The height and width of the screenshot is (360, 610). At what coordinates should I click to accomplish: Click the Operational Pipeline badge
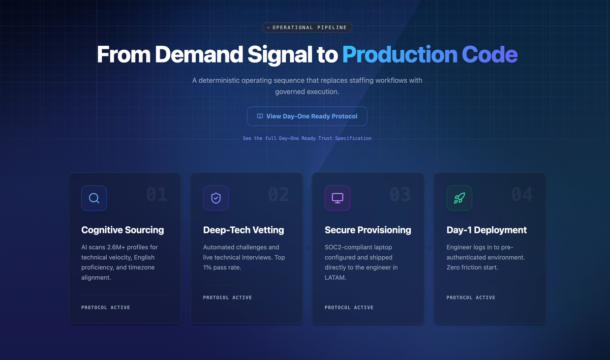coord(307,27)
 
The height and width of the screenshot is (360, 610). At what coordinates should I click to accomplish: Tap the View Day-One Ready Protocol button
coord(307,116)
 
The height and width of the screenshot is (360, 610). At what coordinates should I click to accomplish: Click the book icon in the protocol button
coord(260,116)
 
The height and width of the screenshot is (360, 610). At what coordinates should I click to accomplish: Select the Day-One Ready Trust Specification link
coord(307,138)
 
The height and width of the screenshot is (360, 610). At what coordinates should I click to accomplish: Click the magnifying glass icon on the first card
coord(94,198)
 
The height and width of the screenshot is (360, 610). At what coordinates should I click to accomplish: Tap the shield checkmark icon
coord(216,198)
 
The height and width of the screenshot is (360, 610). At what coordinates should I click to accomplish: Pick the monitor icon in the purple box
coord(338,198)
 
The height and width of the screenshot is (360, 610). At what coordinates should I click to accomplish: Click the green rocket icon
coord(460,198)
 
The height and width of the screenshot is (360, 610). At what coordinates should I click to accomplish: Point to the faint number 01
coord(157,194)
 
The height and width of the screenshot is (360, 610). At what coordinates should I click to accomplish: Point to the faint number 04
coord(522,194)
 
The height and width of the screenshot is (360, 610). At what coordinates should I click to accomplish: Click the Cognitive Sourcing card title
coord(123,230)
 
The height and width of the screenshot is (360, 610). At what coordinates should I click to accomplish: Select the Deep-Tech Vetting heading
coord(243,230)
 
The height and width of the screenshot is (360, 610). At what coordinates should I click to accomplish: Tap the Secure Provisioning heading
coord(368,230)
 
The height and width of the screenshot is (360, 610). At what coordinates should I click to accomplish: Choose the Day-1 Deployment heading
coord(486,230)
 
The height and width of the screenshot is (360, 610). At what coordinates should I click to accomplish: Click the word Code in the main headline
coord(490,54)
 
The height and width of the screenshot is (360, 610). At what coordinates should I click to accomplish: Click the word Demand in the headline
coord(199,54)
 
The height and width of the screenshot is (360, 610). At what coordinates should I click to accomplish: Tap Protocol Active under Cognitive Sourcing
coord(106,308)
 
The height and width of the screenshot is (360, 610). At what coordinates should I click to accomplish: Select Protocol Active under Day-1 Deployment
coord(471,297)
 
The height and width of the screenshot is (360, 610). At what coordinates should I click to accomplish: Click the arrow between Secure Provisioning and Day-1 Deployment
coord(429,248)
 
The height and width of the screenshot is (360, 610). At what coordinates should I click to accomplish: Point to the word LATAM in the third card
coord(335,278)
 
